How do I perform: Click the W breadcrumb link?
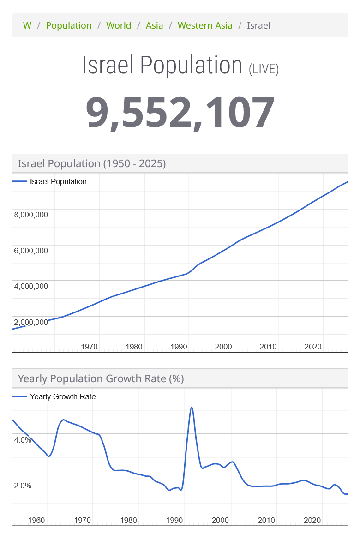click(27, 26)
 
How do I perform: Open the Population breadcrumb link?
click(69, 26)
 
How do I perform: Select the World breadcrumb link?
click(119, 26)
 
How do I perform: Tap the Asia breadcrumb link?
click(154, 26)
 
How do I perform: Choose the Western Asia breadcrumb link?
click(205, 26)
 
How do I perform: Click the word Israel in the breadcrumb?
click(258, 26)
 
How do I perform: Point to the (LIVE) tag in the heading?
click(264, 69)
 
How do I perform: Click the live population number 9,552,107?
click(180, 113)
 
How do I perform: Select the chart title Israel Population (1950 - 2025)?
click(91, 163)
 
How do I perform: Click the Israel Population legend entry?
click(58, 181)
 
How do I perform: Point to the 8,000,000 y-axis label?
click(31, 215)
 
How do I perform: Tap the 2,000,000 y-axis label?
click(31, 322)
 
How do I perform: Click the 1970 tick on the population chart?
click(89, 347)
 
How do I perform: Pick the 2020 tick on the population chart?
click(313, 347)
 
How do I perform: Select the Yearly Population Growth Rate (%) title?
click(101, 379)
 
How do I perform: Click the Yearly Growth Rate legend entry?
click(63, 396)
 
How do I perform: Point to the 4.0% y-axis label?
click(23, 440)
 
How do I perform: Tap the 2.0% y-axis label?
click(23, 486)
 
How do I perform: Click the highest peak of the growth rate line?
click(192, 407)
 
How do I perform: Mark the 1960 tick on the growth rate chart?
click(36, 520)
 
